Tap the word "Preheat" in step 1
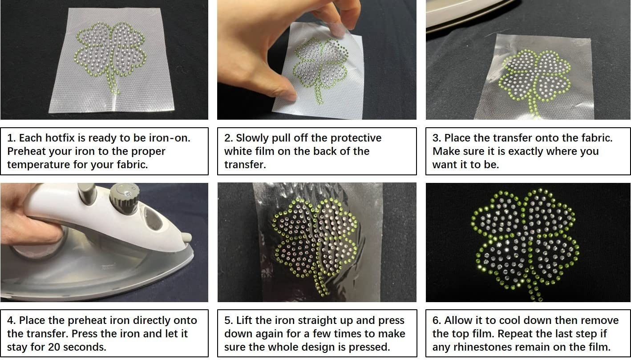26,151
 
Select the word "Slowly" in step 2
252,138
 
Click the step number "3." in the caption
437,138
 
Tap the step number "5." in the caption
229,320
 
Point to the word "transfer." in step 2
245,165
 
